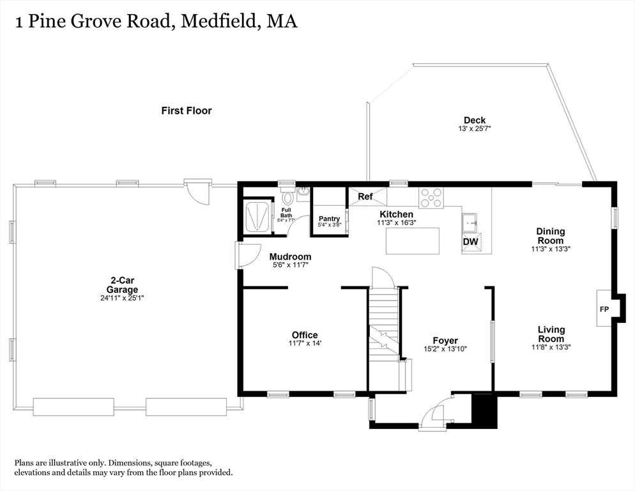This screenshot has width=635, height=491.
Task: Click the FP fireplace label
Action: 604,309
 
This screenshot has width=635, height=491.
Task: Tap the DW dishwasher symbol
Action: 471,242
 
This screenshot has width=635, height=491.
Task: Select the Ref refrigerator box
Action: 367,197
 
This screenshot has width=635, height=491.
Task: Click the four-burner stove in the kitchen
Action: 431,198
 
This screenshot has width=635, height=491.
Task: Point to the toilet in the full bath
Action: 287,198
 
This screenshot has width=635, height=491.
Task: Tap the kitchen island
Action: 412,240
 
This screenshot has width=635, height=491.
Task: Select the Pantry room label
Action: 329,219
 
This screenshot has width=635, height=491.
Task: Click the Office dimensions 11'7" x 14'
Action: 305,343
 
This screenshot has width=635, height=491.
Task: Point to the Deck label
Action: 475,120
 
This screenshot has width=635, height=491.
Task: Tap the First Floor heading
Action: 186,111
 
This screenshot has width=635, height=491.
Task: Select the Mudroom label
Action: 289,257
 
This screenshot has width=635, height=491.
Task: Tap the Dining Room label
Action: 550,236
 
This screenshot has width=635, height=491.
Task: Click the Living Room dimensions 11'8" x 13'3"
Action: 550,347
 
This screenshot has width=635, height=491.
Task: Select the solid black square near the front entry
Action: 484,411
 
